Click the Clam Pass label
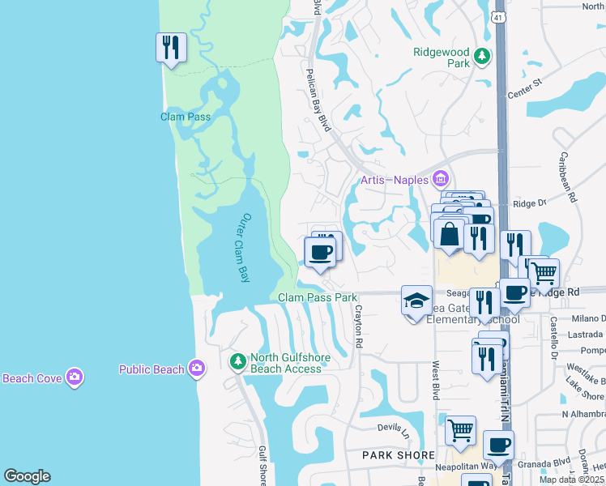tap(185, 117)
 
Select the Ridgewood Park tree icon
tap(482, 57)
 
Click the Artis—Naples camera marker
tap(441, 177)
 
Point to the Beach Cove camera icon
tap(75, 377)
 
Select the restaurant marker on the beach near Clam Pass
tap(171, 48)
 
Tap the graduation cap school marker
tap(416, 301)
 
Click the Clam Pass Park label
tap(318, 297)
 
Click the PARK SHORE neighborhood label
tap(399, 455)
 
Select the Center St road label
tap(523, 87)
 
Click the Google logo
tap(27, 476)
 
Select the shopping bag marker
tap(449, 234)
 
